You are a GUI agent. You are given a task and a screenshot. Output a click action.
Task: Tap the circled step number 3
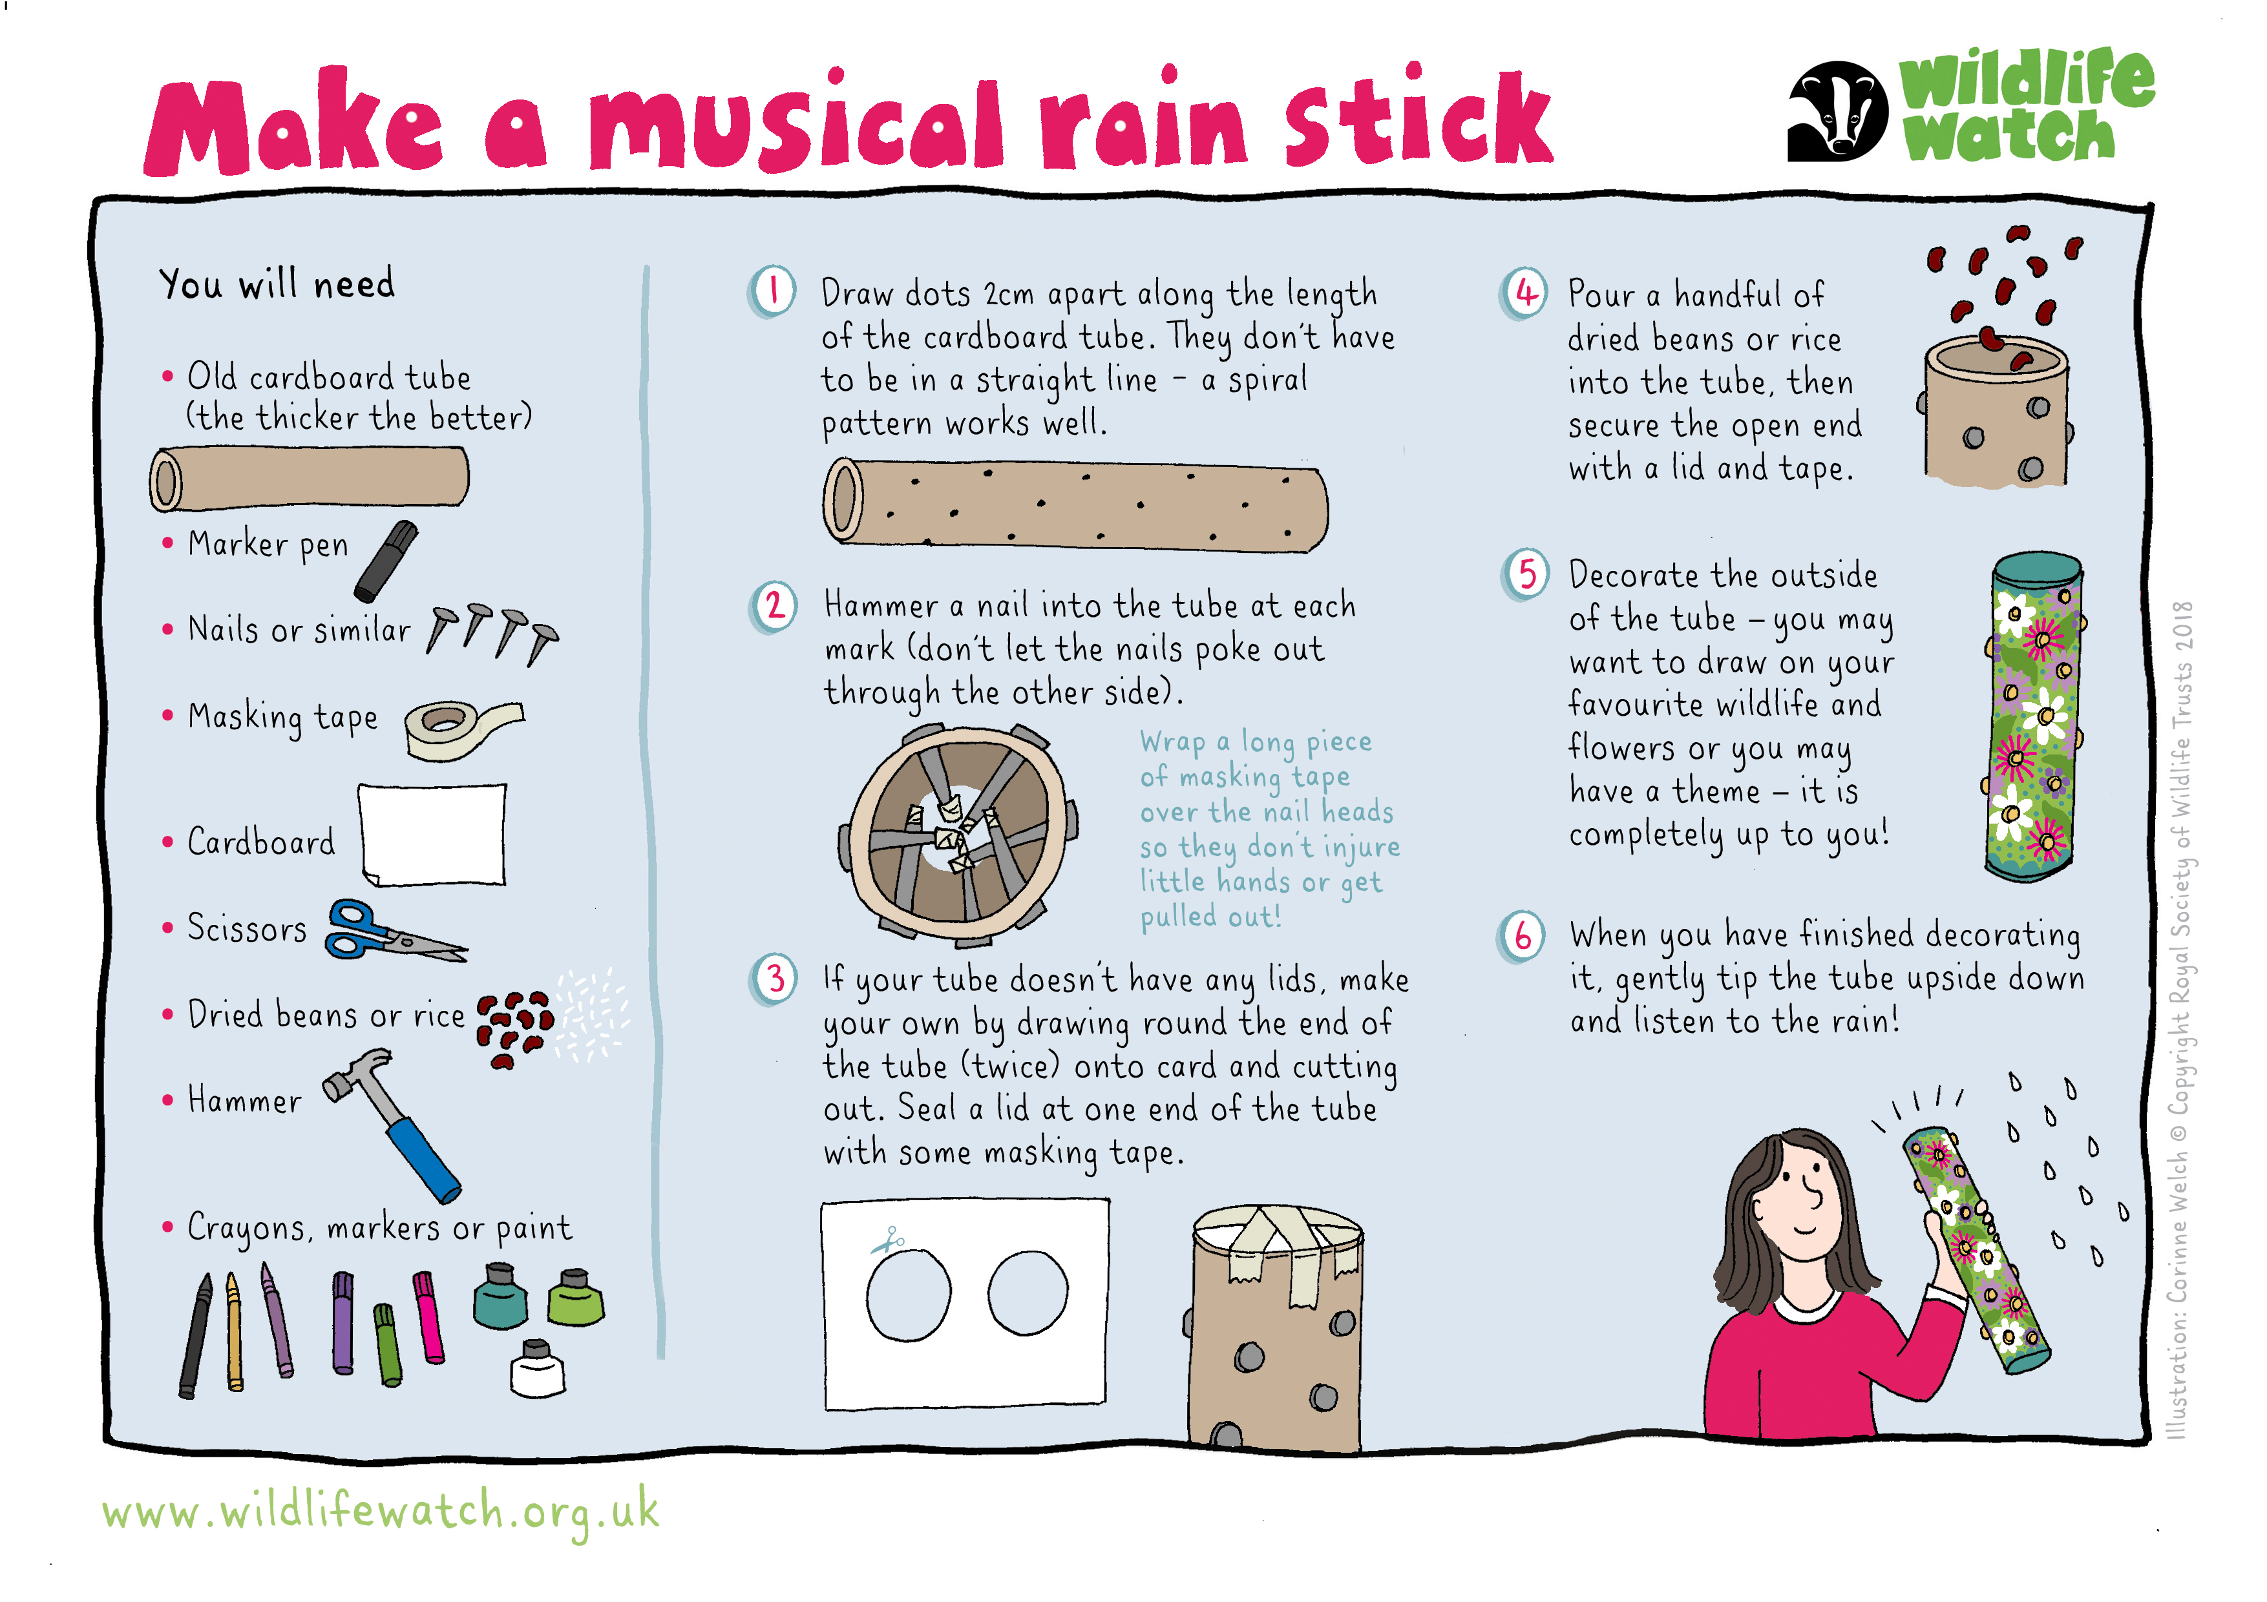coord(775,979)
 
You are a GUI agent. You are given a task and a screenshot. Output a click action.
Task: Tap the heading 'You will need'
coord(277,284)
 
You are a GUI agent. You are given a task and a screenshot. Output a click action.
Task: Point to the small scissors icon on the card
coord(888,1240)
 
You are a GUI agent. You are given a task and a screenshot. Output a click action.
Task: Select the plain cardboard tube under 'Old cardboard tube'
coord(309,479)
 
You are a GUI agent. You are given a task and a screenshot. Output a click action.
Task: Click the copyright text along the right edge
coord(2181,1019)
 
